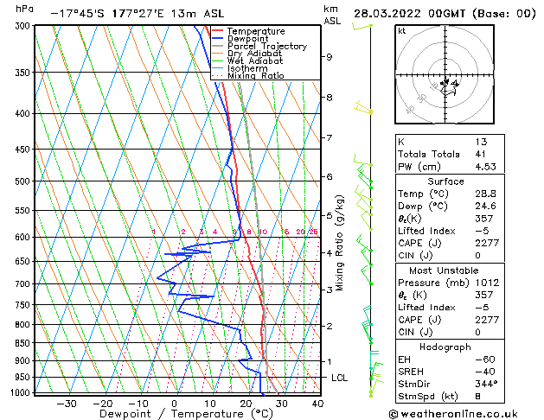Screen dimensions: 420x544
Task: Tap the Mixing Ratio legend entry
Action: pos(255,75)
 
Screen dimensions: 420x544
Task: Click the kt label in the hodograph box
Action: pos(401,30)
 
